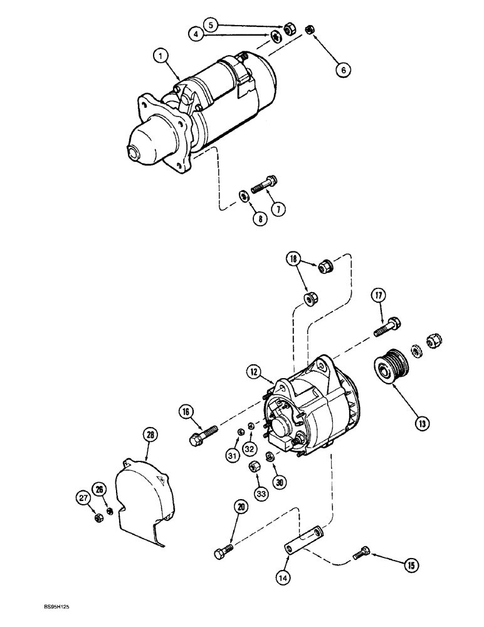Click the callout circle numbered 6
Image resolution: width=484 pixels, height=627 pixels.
(342, 70)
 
